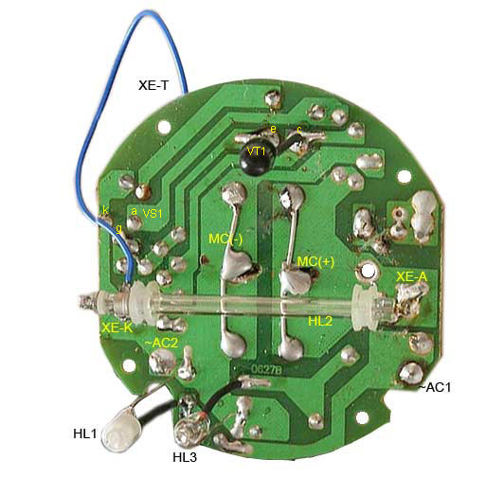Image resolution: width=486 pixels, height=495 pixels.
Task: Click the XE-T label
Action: coord(153,85)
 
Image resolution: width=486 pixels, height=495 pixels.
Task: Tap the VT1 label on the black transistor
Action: coord(257,151)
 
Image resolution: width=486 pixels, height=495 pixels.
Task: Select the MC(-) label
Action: coord(225,239)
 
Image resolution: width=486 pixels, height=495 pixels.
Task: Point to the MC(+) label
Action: coord(315,262)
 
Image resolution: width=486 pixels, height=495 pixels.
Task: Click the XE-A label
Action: coord(411,277)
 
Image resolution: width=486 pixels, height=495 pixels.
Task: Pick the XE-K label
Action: coord(117,328)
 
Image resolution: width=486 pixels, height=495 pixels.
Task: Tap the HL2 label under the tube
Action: coord(320,322)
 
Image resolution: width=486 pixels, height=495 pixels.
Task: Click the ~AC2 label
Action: coord(161,343)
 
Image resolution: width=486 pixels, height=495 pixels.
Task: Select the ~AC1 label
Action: coord(435,387)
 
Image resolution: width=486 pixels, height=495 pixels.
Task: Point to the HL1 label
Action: coord(85,433)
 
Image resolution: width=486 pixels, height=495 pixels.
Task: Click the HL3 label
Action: coord(185,457)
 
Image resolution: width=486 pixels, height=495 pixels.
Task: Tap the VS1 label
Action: coord(153,214)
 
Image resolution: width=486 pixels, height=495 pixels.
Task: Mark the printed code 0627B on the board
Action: coord(266,369)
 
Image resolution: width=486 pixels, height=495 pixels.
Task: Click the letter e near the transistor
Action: coord(274,129)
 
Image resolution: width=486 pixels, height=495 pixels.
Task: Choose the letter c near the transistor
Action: coord(299,129)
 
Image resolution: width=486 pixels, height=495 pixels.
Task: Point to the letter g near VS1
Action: coord(118,228)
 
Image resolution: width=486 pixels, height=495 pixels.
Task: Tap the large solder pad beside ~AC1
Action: coord(411,373)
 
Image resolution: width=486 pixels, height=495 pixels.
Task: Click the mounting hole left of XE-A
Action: coord(367,272)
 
